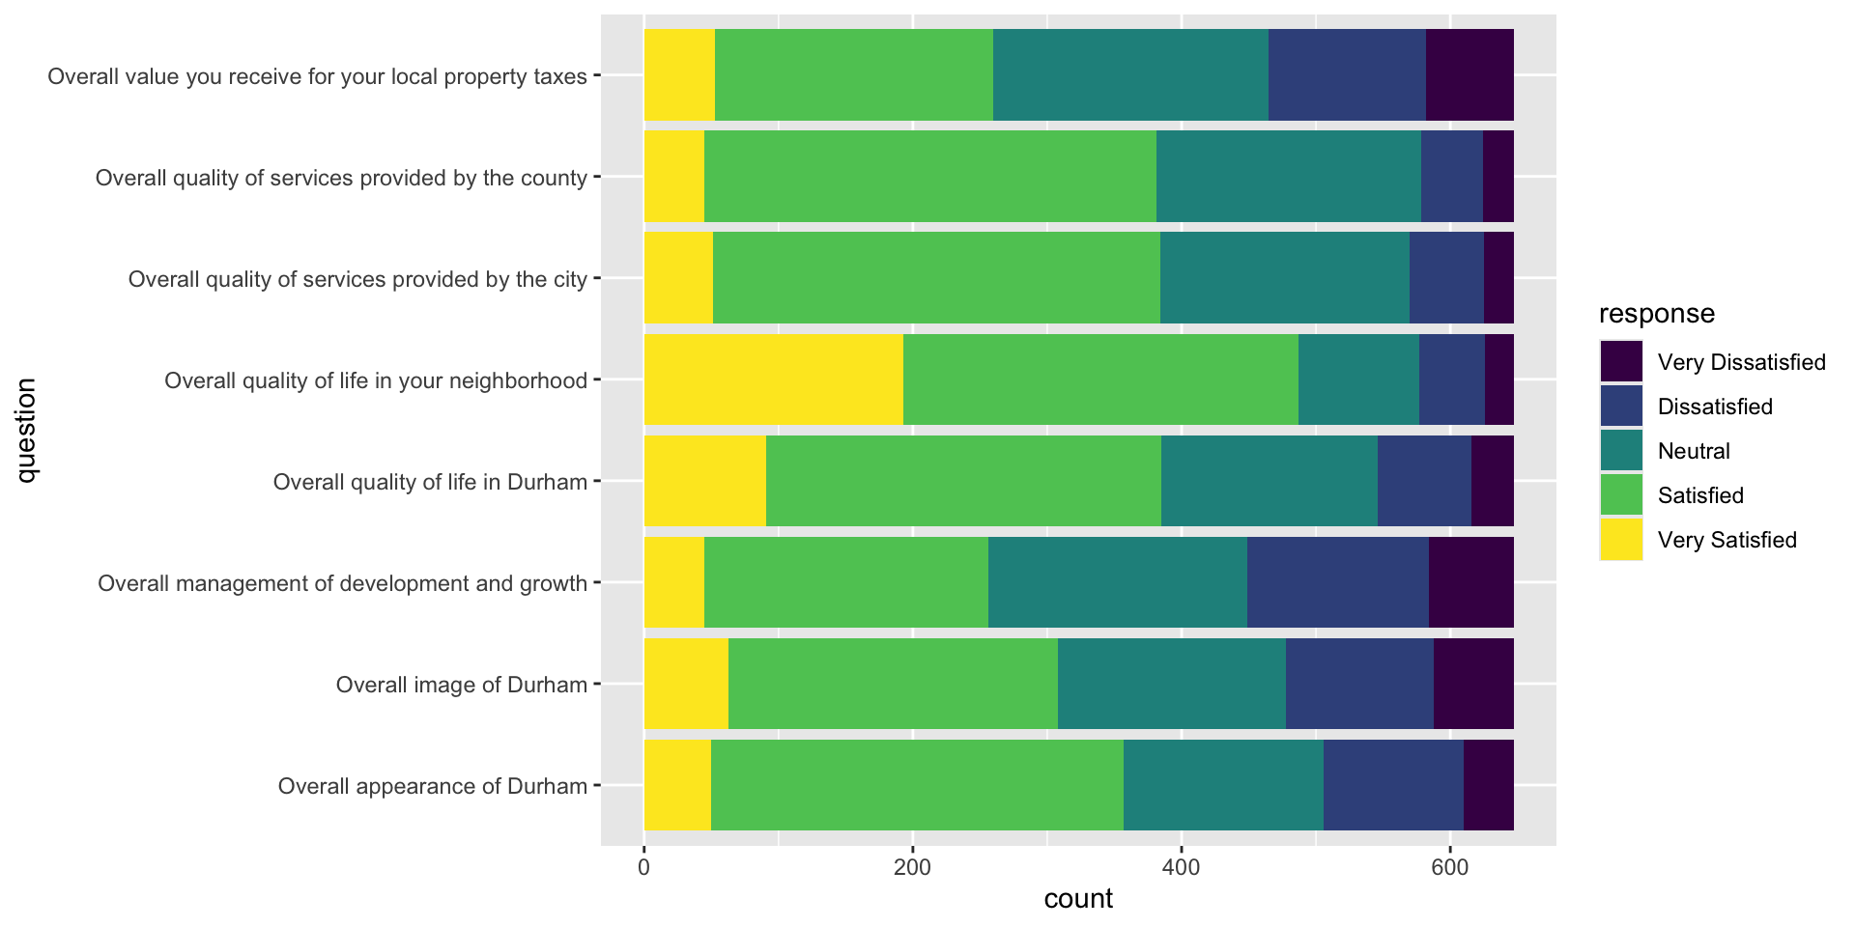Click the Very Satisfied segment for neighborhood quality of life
click(x=773, y=379)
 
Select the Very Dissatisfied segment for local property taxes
click(x=1469, y=75)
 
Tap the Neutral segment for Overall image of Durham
click(x=1171, y=684)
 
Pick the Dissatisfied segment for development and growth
click(x=1337, y=582)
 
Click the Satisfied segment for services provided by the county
click(x=929, y=177)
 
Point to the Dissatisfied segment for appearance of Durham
click(x=1392, y=785)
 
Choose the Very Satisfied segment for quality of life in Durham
click(x=704, y=481)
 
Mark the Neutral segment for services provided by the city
click(x=1284, y=278)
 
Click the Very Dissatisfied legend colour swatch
click(x=1620, y=362)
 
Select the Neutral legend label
click(x=1693, y=451)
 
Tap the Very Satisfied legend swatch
click(x=1620, y=540)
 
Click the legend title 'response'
click(x=1656, y=314)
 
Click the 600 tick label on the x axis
click(x=1449, y=868)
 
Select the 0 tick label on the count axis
click(x=643, y=868)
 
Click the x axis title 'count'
click(x=1078, y=899)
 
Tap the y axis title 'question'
click(x=26, y=431)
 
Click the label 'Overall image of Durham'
click(x=461, y=685)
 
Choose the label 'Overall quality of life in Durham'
click(x=430, y=482)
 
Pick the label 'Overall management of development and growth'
click(x=342, y=583)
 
